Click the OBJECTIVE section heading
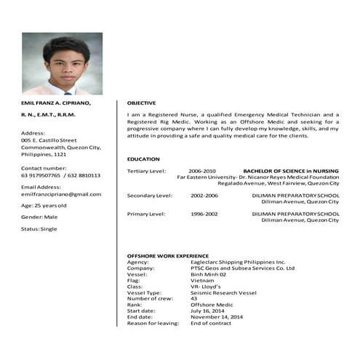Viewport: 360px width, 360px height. (141, 103)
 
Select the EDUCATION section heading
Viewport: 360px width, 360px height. (143, 159)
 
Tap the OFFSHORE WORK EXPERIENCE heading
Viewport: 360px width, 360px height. (167, 256)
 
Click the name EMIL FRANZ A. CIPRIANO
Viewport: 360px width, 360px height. (55, 103)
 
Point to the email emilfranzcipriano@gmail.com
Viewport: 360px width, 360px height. (61, 194)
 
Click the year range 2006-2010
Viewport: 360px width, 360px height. (201, 170)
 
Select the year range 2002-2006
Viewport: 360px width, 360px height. (204, 196)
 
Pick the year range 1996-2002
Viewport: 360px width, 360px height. (204, 214)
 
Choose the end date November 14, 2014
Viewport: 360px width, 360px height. (216, 316)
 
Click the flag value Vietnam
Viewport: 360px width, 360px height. (202, 280)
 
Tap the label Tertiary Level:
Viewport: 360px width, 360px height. (146, 170)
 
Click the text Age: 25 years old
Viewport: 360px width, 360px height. (44, 206)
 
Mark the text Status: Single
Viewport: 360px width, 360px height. (39, 228)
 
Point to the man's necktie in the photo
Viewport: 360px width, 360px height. (67, 92)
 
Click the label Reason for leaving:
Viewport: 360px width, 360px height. (152, 323)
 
